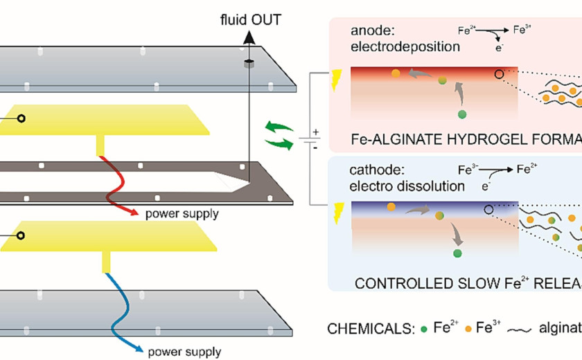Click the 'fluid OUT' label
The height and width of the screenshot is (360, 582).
point(248,19)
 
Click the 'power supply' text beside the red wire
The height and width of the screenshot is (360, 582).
point(182,213)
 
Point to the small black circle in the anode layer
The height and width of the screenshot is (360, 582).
point(499,74)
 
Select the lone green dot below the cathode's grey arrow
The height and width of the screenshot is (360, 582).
point(457,254)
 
